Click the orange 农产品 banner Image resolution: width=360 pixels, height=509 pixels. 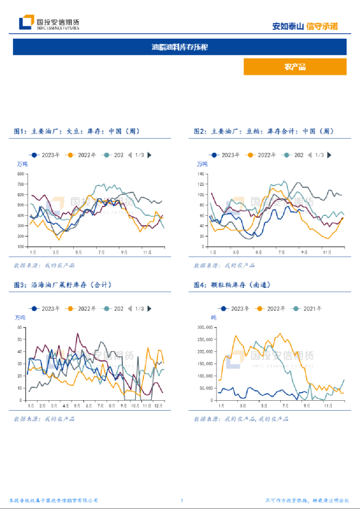tap(294, 67)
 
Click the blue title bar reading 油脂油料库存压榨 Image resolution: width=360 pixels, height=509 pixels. tap(180, 47)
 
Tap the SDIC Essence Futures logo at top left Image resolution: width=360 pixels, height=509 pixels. tap(49, 23)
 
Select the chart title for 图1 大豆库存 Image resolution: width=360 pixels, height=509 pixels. tap(77, 132)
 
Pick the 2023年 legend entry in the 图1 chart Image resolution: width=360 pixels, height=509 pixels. tap(46, 155)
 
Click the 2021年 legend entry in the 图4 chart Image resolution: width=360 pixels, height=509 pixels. tap(307, 308)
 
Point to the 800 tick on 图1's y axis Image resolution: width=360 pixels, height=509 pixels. tap(21, 174)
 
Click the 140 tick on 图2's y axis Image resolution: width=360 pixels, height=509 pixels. tap(200, 174)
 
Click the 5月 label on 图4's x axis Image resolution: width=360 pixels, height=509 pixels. tap(264, 405)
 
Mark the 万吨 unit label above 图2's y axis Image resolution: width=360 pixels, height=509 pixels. tap(201, 164)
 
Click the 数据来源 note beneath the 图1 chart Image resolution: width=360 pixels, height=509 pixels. tap(44, 266)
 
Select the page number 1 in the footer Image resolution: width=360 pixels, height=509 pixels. tap(182, 501)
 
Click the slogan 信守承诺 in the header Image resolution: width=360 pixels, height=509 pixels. tap(322, 26)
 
